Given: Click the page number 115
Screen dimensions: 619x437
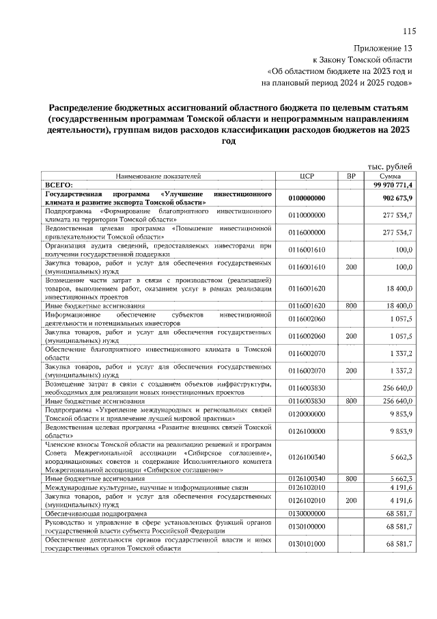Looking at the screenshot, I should [x=409, y=31].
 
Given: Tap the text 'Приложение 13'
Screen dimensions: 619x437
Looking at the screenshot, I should [x=383, y=49].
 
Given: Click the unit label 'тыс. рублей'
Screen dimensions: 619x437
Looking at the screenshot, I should [x=390, y=166].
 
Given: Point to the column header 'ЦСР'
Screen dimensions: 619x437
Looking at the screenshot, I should [x=307, y=176].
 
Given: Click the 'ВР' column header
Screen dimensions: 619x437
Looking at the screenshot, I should [x=352, y=176].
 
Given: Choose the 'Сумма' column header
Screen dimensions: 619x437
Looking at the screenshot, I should [x=390, y=176].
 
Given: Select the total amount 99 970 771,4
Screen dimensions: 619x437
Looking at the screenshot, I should [x=393, y=185].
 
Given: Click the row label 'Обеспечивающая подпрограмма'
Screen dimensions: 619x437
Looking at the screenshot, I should [x=96, y=512].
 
